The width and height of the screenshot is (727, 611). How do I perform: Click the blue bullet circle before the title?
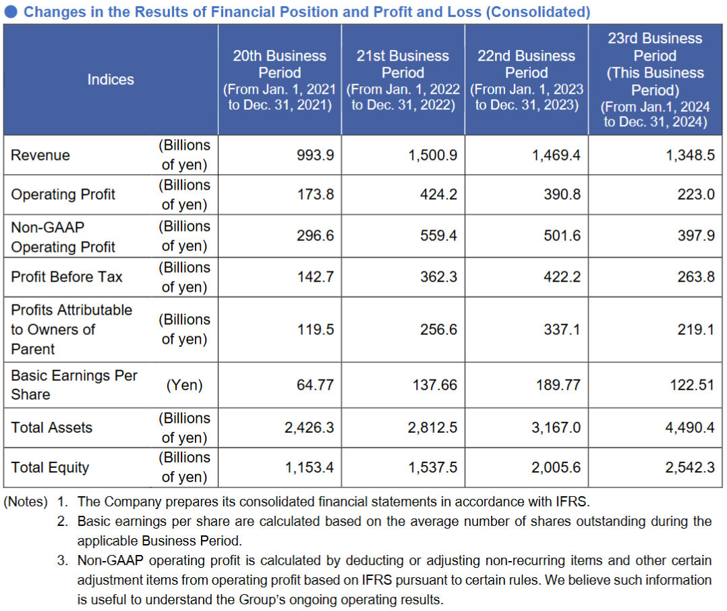(12, 12)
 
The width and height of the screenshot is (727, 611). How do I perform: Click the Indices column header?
(111, 80)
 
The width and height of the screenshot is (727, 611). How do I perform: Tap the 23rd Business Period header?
(655, 80)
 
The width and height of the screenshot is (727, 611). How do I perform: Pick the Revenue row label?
(40, 155)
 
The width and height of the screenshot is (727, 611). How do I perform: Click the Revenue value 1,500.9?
(432, 155)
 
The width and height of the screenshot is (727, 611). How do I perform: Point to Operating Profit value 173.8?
(316, 194)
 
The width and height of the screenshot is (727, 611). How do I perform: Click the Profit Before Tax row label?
(67, 277)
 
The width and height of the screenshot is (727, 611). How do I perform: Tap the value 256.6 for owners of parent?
(438, 329)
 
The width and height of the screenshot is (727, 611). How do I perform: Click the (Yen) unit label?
(184, 385)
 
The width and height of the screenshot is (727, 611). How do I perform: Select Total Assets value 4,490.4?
(690, 427)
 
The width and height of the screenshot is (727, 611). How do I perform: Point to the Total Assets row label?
(52, 427)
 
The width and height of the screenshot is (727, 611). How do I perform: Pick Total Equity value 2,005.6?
(556, 467)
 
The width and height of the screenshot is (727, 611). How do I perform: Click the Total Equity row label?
(50, 467)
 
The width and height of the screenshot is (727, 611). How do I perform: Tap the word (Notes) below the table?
(26, 502)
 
